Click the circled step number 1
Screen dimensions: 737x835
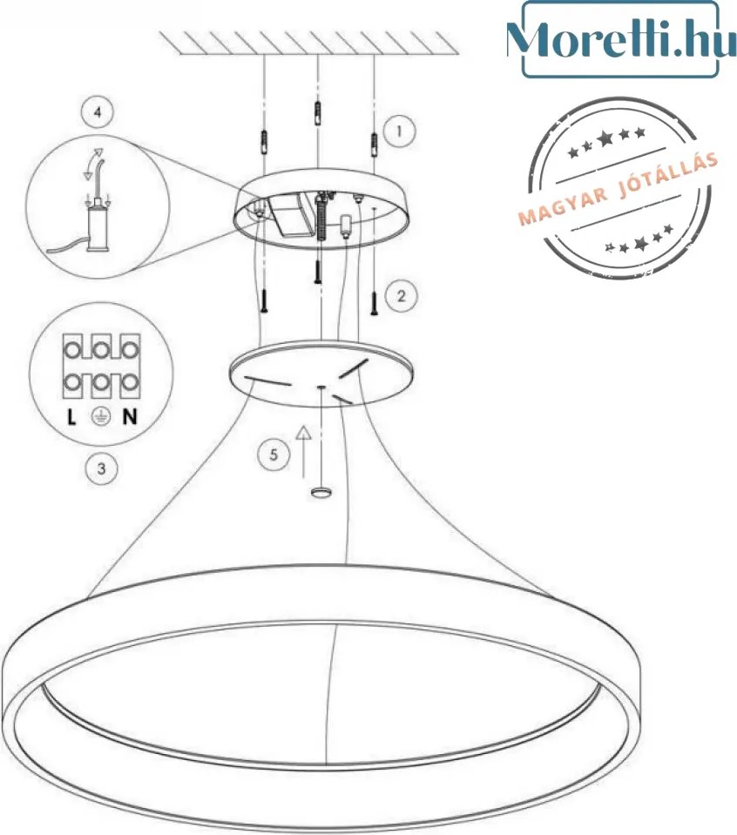[399, 131]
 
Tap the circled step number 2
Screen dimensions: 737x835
[402, 296]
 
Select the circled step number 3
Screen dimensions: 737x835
[101, 468]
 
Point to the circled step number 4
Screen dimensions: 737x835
[97, 112]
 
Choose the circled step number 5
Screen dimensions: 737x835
[274, 455]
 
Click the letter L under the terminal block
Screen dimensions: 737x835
[71, 416]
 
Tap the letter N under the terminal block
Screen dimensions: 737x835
[130, 416]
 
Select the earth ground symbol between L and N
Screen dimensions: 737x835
[101, 416]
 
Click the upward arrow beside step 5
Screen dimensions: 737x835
[304, 451]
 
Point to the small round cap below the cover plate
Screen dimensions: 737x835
[321, 492]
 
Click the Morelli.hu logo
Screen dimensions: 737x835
[620, 39]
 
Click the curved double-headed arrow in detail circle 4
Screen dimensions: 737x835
[93, 162]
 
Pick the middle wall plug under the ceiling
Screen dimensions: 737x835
[317, 111]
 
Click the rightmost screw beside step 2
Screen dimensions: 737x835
[374, 302]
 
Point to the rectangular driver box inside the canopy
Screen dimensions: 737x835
[289, 216]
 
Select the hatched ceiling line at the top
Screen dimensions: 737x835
[310, 44]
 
